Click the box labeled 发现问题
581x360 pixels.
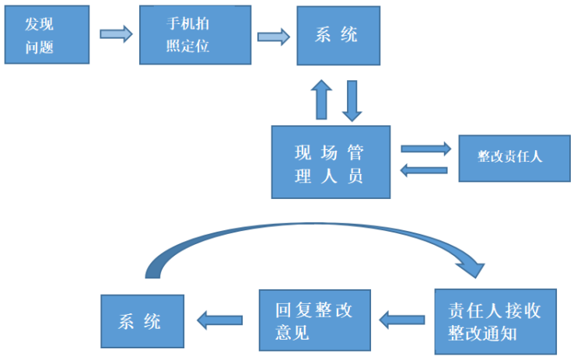[45, 37]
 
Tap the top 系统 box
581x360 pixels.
[338, 36]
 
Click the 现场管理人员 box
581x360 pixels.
[330, 162]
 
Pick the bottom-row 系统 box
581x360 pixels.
[142, 321]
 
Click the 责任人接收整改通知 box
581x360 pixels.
[494, 320]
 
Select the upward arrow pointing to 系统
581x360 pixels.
[320, 100]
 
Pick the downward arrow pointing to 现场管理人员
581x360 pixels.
[353, 100]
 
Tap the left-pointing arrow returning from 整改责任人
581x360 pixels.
[424, 170]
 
